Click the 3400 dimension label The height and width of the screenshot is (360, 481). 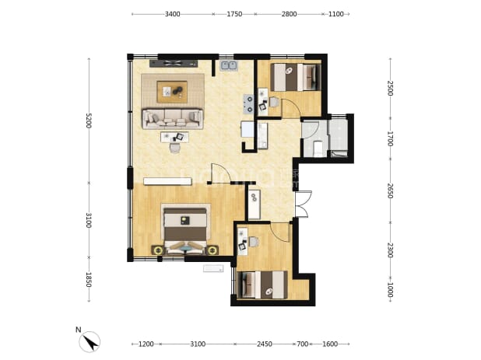pos(173,14)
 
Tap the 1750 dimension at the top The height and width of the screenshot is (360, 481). pos(234,14)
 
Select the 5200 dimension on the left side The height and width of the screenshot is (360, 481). pos(89,121)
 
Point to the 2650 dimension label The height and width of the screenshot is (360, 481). pos(390,190)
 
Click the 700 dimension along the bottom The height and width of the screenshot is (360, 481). pos(303,344)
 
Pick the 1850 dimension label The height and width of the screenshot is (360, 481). pos(89,280)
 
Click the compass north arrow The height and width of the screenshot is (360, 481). pos(90,342)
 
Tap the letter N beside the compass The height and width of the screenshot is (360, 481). pos(79,330)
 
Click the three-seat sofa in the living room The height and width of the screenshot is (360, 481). pos(173,118)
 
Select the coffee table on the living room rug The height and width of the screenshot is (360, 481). pos(172,92)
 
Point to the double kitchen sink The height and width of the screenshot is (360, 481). pos(229,65)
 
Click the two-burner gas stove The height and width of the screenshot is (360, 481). pos(248,104)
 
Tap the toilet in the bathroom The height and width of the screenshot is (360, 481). pos(318,148)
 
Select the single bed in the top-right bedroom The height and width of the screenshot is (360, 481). pos(296,77)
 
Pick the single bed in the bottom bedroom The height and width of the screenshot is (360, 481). pos(262,285)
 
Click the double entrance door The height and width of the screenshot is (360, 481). pos(303,204)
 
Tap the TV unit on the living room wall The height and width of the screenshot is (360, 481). pos(174,64)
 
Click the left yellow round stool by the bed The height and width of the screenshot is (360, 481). pos(159,250)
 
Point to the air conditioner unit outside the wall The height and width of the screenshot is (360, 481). pos(213,269)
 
